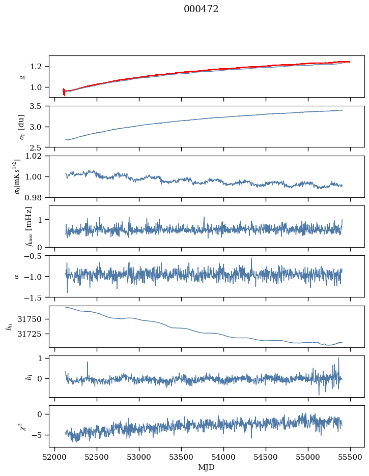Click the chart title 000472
(x=201, y=9)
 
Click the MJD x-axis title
(x=207, y=467)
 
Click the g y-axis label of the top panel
(x=21, y=76)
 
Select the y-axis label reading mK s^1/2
(x=18, y=176)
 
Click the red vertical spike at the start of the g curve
(x=64, y=92)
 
